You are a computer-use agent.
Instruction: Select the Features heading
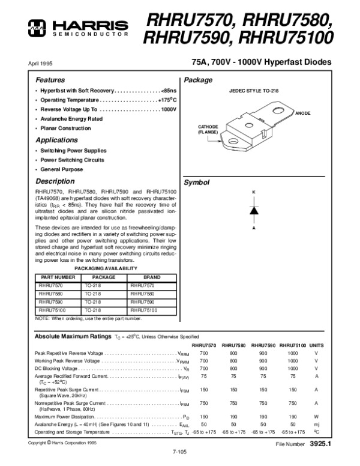pyautogui.click(x=49, y=80)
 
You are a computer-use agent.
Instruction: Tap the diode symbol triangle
pyautogui.click(x=254, y=210)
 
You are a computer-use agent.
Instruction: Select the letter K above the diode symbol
pyautogui.click(x=254, y=192)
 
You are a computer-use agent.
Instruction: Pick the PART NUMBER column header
pyautogui.click(x=58, y=277)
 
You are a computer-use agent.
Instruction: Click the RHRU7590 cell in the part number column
pyautogui.click(x=50, y=302)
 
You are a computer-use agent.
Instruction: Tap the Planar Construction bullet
pyautogui.click(x=65, y=129)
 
